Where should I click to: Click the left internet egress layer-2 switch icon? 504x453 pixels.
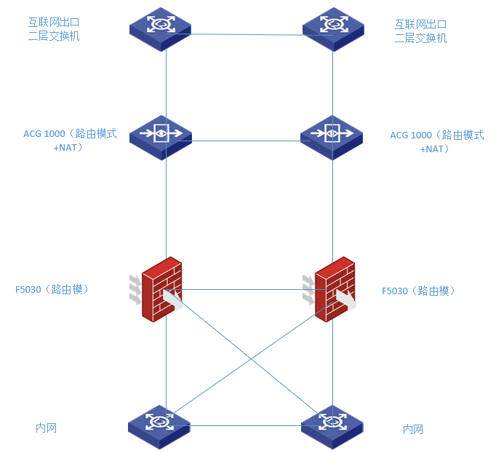point(161,27)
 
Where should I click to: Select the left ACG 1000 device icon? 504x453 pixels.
point(161,136)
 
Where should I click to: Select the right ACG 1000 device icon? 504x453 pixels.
point(332,136)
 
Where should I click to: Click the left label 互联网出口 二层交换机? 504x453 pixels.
point(54,30)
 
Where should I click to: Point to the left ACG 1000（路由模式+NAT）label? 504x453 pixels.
point(70,141)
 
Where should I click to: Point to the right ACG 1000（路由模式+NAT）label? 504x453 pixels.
point(436,141)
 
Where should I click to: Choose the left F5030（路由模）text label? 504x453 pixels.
point(52,289)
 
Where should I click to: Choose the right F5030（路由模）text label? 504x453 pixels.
point(418,291)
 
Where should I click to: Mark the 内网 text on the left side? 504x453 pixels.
point(46,428)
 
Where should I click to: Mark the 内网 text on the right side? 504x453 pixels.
point(412,429)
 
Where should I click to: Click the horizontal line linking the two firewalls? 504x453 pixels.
point(247,289)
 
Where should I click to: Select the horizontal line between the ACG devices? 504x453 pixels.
point(247,141)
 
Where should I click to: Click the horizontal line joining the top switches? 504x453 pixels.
point(247,34)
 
